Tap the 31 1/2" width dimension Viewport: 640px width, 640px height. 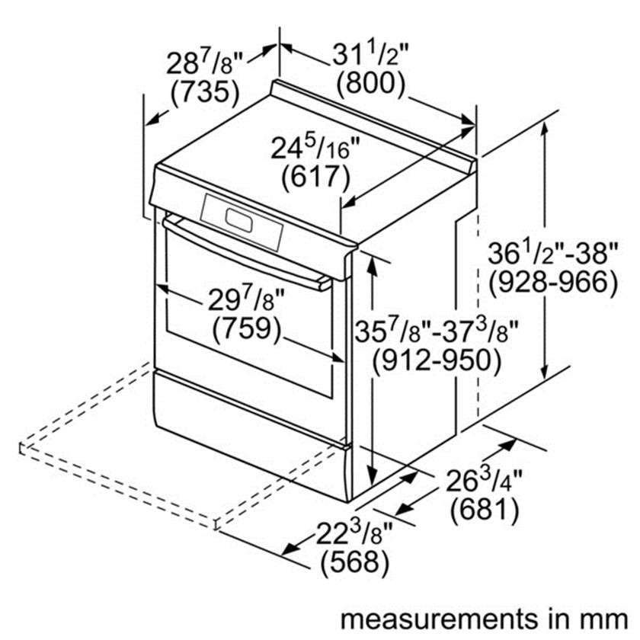(370, 55)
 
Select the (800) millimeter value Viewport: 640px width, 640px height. (370, 83)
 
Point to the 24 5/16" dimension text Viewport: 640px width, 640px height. (315, 148)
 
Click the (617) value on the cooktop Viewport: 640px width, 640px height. (316, 177)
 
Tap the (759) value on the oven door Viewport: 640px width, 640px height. (248, 328)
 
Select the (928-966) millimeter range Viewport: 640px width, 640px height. (553, 282)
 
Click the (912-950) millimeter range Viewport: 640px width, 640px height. (436, 360)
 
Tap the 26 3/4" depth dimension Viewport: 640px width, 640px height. (484, 481)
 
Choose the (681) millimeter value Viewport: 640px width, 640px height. (485, 510)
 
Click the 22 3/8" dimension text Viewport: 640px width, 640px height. (354, 533)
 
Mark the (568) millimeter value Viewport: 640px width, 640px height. (354, 562)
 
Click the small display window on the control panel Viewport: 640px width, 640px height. (238, 220)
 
